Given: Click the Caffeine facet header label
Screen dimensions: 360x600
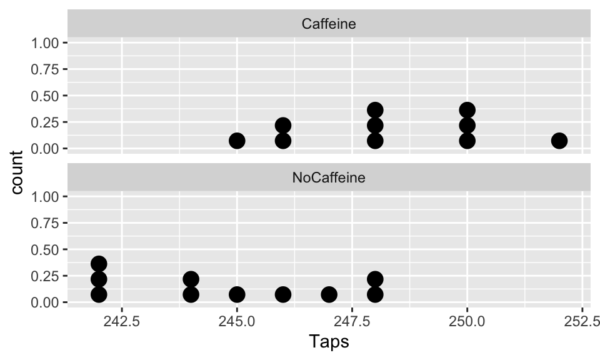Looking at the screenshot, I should [x=329, y=24].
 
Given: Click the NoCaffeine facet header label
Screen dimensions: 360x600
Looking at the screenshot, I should [x=329, y=177].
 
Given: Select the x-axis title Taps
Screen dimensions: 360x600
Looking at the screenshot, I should [x=329, y=342].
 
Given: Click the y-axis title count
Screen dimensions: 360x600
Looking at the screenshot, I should [x=17, y=172].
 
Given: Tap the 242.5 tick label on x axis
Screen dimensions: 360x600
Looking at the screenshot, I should [x=121, y=322].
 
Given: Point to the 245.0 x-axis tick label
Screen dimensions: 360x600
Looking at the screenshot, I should [x=237, y=322].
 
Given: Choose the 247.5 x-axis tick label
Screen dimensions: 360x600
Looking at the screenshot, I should [x=352, y=322].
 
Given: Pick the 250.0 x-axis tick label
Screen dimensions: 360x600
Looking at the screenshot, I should [x=467, y=322].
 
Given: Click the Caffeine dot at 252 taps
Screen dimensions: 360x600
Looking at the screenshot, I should [x=559, y=141].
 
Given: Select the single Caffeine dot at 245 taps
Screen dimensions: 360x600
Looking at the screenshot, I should [x=237, y=141].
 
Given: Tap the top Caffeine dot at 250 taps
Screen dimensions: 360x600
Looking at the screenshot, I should [x=467, y=110].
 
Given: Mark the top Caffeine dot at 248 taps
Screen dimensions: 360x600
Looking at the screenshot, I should [x=375, y=110].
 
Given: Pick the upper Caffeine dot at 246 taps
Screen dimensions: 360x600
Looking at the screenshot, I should [x=283, y=125].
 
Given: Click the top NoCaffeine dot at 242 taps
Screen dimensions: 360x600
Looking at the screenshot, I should [x=99, y=263].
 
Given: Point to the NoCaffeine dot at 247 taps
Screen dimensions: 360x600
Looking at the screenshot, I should [x=329, y=294].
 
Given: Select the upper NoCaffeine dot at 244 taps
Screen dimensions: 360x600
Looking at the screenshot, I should [x=191, y=279].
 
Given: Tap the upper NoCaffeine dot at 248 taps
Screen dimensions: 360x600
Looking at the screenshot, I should [x=375, y=279].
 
